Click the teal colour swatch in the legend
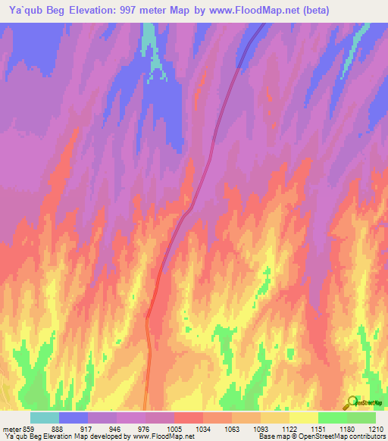pos(45,418)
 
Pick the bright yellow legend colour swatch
pos(304,418)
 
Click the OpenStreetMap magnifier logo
pos(352,402)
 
